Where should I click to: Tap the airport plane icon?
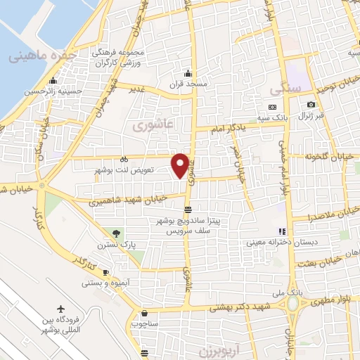tap(61, 309)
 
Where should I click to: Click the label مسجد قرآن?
tap(188, 84)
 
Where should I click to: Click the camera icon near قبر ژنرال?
tap(311, 105)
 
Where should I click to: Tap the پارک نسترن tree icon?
tap(117, 233)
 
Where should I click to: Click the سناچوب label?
tap(144, 324)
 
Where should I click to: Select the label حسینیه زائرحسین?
tap(51, 91)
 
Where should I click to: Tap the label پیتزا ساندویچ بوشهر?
tap(188, 221)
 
